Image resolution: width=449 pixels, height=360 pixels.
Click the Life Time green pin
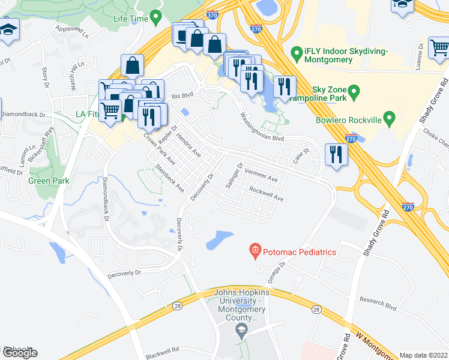(x=156, y=17)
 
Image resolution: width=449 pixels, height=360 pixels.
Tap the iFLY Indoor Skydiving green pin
(x=296, y=53)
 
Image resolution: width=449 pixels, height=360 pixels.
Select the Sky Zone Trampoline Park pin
(x=354, y=92)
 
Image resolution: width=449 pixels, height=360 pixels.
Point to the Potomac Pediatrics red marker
(x=255, y=251)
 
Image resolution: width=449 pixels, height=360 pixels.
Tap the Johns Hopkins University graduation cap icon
(x=241, y=329)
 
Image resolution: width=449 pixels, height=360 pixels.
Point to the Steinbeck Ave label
(x=170, y=178)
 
